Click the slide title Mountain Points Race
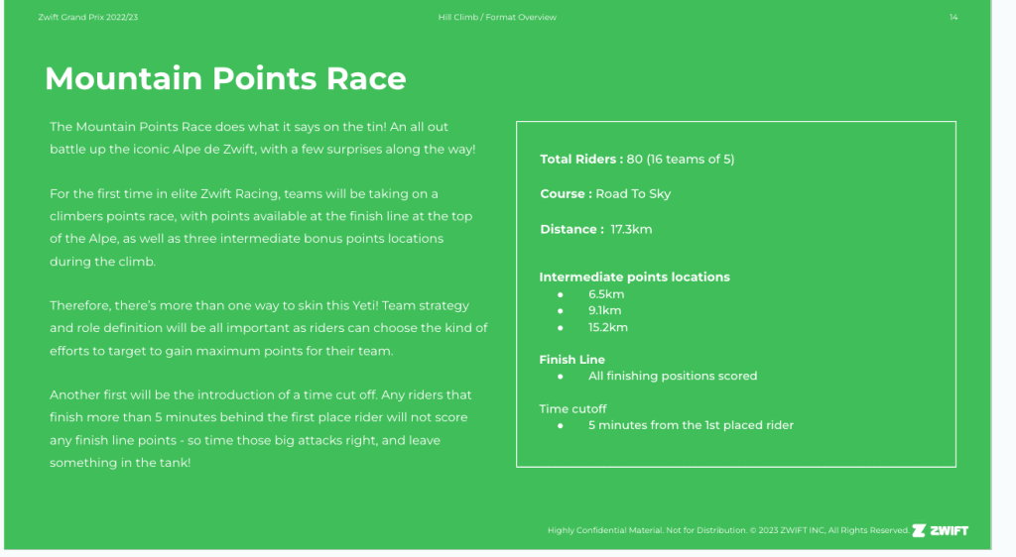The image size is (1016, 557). tap(225, 78)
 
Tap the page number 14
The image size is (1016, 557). tap(953, 18)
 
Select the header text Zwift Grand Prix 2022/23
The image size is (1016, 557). tap(88, 18)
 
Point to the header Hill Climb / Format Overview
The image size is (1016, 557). tap(497, 18)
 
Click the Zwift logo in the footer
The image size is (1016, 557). tap(941, 530)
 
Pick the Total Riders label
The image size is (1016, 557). tap(581, 160)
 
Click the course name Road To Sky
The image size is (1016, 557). tap(633, 194)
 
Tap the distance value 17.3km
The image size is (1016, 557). tap(631, 230)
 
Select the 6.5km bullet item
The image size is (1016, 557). tap(606, 294)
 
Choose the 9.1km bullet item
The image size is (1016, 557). tap(604, 310)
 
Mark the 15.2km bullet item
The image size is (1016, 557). tap(608, 327)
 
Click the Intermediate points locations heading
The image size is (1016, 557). tap(634, 277)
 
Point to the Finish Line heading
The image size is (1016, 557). tap(572, 360)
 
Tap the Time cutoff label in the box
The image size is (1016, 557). tap(572, 409)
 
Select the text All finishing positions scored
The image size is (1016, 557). tap(673, 376)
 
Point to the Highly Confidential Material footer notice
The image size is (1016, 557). tap(729, 530)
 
